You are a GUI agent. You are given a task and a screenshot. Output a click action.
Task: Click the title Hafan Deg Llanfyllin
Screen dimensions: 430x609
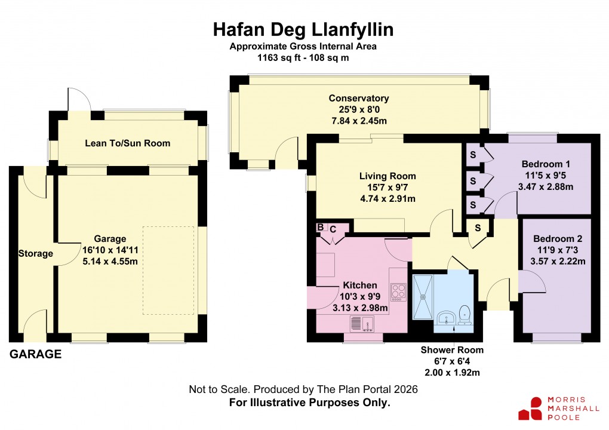pyautogui.click(x=303, y=29)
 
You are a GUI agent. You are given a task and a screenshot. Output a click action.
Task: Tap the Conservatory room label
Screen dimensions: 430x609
pyautogui.click(x=358, y=99)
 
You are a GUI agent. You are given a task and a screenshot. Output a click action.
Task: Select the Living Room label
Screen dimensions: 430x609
pyautogui.click(x=387, y=176)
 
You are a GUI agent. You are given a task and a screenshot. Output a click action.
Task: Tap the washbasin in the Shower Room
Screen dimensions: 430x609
pyautogui.click(x=445, y=317)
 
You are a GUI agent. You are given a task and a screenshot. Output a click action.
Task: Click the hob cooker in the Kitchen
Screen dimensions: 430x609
pyautogui.click(x=398, y=291)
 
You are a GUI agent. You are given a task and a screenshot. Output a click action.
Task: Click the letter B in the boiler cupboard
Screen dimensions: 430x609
pyautogui.click(x=320, y=228)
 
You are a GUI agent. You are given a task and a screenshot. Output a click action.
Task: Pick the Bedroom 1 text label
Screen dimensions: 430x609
pyautogui.click(x=546, y=164)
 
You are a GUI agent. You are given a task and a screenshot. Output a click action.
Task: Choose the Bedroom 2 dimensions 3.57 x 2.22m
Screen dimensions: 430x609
pyautogui.click(x=558, y=260)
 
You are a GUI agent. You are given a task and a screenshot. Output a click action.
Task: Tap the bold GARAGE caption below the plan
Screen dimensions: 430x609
pyautogui.click(x=35, y=354)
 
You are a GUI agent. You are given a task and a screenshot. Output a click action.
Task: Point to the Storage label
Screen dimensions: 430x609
pyautogui.click(x=35, y=253)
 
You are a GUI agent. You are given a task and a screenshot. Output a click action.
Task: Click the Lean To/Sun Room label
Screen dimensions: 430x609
pyautogui.click(x=127, y=143)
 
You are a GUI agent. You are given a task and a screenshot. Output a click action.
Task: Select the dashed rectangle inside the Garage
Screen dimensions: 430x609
pyautogui.click(x=168, y=270)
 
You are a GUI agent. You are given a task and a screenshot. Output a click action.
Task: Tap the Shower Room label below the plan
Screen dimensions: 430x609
pyautogui.click(x=451, y=350)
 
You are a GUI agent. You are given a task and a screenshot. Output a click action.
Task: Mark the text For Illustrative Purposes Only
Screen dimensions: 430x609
pyautogui.click(x=309, y=403)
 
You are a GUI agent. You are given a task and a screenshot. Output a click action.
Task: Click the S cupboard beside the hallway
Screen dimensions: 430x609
pyautogui.click(x=478, y=228)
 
